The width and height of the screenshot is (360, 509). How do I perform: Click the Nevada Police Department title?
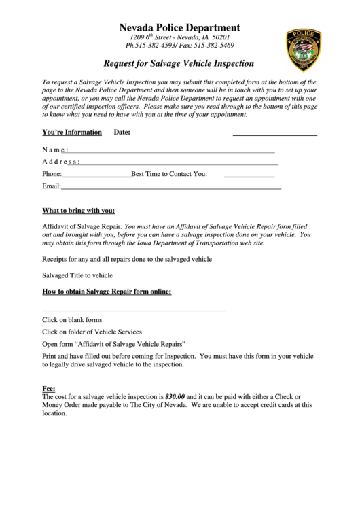point(179,27)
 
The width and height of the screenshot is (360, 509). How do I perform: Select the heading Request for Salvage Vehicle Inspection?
point(179,64)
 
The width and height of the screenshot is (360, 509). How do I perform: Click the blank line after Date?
point(274,133)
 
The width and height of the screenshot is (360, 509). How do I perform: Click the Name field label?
point(55,150)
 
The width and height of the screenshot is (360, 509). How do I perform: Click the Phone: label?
point(52,174)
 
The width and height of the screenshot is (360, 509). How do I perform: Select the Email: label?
point(52,186)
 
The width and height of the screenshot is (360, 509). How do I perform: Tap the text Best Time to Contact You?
point(169,174)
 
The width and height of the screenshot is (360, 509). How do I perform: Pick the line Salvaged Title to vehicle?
point(77,275)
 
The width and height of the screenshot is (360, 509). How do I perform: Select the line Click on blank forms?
point(72,319)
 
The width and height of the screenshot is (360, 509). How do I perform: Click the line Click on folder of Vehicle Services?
point(92,332)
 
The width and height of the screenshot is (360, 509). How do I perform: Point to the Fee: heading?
point(49,388)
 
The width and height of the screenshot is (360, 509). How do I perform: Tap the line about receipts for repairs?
point(127,259)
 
